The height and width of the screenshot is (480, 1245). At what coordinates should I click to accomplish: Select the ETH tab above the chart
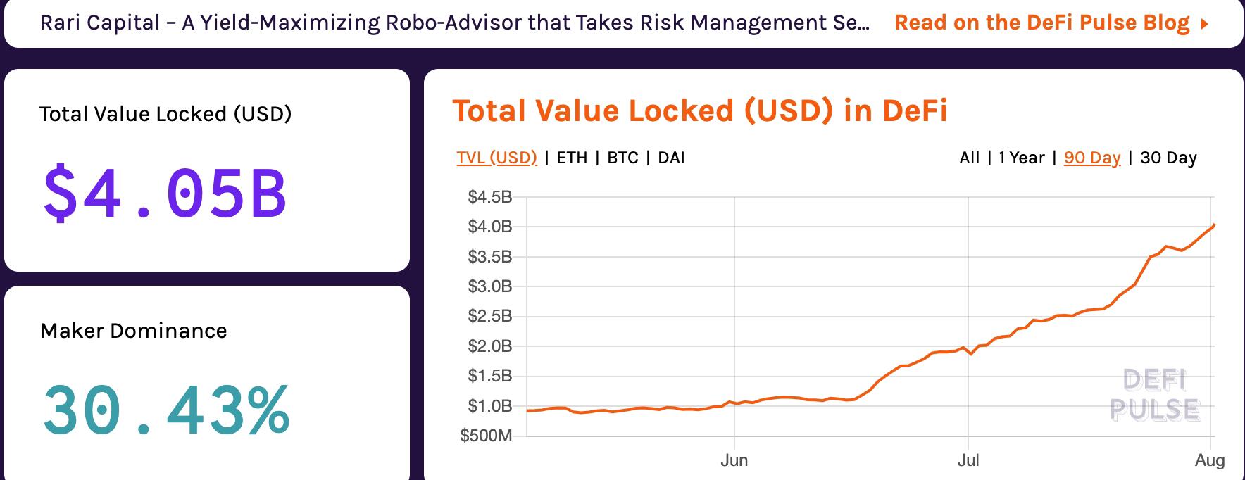click(x=572, y=158)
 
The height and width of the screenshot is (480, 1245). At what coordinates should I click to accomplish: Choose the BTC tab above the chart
click(x=622, y=158)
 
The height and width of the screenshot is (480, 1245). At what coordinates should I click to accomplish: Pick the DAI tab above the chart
click(x=671, y=158)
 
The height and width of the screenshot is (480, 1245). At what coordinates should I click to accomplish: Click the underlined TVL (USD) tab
click(x=496, y=158)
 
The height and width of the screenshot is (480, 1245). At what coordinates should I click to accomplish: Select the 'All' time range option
click(x=969, y=158)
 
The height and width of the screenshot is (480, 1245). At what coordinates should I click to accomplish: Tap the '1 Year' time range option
click(x=1021, y=158)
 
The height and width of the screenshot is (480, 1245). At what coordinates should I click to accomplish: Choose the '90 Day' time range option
click(x=1091, y=158)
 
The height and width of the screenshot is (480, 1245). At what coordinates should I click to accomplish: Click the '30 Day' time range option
click(x=1168, y=158)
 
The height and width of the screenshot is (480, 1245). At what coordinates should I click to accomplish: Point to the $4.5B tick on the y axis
click(x=490, y=196)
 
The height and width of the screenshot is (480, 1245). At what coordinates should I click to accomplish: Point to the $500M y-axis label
click(x=486, y=436)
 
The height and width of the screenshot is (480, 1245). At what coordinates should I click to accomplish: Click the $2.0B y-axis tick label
click(x=490, y=346)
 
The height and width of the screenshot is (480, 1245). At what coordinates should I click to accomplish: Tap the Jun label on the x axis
click(x=734, y=461)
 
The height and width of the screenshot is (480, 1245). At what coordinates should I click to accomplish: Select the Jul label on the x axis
click(x=968, y=461)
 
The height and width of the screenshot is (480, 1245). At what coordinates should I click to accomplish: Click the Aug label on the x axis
click(x=1210, y=461)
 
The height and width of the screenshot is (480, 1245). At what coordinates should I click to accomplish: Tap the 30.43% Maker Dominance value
click(x=166, y=410)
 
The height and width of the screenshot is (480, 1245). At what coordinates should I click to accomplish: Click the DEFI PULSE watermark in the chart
click(x=1155, y=395)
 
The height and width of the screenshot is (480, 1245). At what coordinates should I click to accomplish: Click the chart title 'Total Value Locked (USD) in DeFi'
click(x=699, y=111)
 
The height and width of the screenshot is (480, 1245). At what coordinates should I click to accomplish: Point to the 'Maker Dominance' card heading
click(x=134, y=331)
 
